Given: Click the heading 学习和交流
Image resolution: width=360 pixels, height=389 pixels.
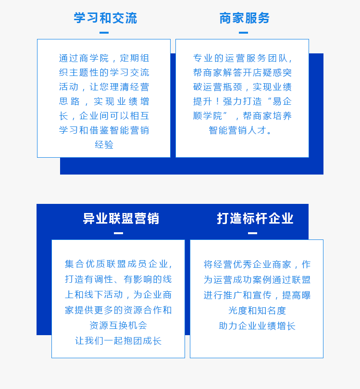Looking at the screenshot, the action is (105, 18).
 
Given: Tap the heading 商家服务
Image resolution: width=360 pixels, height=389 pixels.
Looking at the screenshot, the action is (244, 18).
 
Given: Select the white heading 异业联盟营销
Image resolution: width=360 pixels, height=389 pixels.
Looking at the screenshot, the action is (121, 219).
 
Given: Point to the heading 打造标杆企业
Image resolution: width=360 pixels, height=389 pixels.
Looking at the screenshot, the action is (255, 219).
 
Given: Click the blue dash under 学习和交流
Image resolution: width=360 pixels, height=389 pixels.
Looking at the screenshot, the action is (104, 33).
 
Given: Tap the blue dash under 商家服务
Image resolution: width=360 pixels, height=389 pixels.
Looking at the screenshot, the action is (243, 33).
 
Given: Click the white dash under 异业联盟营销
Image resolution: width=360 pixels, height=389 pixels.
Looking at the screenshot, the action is (119, 233).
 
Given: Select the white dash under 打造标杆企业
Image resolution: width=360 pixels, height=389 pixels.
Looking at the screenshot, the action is (253, 233).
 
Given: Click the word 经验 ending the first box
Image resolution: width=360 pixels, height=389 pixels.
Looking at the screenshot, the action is (104, 145).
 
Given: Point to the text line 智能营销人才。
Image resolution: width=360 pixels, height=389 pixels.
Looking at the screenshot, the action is (240, 130).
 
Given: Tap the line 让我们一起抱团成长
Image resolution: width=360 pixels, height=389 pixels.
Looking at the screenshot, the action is (118, 341).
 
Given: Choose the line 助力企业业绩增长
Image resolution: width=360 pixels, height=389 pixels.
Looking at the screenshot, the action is (257, 326).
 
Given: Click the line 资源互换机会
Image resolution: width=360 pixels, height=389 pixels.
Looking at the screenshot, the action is (118, 326).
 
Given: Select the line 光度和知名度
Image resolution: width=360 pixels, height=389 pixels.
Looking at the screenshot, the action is (257, 311).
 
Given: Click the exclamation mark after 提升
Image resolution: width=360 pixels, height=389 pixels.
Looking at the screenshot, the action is (217, 101).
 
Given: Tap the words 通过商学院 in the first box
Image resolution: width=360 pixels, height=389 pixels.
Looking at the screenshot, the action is (84, 58).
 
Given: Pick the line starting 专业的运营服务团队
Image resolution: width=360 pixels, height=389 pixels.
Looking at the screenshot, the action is (243, 58).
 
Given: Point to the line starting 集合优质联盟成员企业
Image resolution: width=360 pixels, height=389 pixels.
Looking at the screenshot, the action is (119, 264).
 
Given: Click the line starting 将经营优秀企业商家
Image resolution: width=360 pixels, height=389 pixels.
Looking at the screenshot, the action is (257, 264).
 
